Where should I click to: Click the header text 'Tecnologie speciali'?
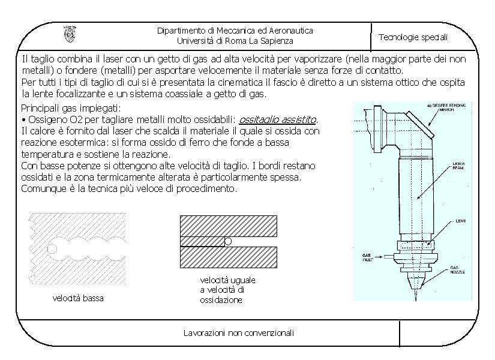(413, 37)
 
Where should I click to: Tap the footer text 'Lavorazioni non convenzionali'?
(238, 333)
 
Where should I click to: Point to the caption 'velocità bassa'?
(77, 298)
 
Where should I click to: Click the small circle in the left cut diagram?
(52, 248)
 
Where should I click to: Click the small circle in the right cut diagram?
(228, 241)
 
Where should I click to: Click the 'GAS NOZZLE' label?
(459, 269)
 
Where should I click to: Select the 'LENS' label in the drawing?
(461, 220)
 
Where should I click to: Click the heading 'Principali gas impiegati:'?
(71, 108)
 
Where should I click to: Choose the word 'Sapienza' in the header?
(275, 41)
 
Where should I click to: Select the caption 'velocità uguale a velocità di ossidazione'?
(228, 290)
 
